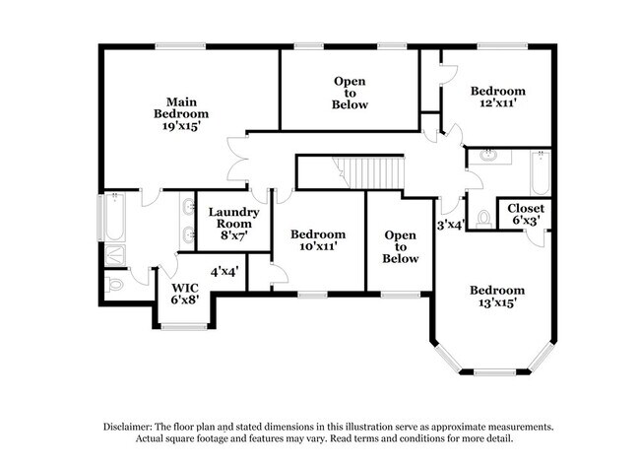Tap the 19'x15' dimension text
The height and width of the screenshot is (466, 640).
point(187,126)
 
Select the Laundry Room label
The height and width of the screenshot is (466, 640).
point(234,218)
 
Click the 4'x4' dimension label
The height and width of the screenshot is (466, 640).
point(224,270)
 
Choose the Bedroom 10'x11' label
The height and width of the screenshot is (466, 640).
point(318,240)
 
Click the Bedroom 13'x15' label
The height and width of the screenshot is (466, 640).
point(496,296)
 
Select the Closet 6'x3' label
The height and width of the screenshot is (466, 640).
point(525,214)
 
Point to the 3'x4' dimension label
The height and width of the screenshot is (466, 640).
point(451,225)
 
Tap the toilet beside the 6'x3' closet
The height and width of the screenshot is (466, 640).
point(483,217)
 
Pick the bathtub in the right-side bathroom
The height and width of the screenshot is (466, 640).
point(541,173)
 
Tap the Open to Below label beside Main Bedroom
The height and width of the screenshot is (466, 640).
point(350,93)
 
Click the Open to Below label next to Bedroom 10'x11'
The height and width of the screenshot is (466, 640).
point(401,246)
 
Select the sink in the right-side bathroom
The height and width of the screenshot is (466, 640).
point(489,156)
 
